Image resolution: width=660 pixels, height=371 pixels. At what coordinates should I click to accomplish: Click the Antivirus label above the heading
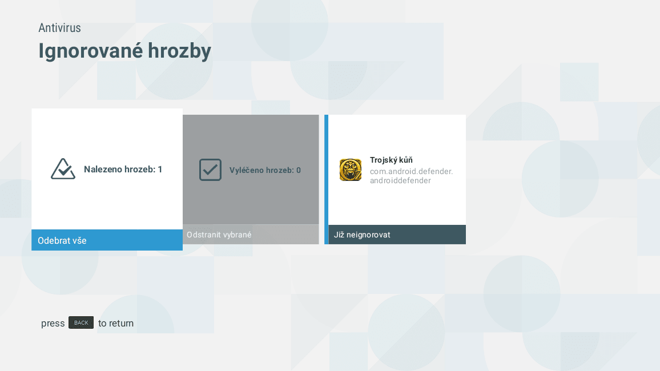click(x=59, y=28)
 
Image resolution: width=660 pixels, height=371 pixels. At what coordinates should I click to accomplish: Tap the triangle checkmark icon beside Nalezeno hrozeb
click(x=63, y=169)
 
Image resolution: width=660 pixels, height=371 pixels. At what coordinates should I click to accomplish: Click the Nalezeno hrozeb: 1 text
click(x=123, y=170)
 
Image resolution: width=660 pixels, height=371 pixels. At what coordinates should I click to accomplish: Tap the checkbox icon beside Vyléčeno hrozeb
click(x=210, y=170)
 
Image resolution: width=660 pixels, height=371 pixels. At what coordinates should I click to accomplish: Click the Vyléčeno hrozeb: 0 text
click(x=265, y=170)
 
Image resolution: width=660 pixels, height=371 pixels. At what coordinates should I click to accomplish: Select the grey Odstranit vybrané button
click(x=251, y=235)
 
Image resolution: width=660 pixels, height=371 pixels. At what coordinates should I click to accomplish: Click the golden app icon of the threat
click(x=351, y=170)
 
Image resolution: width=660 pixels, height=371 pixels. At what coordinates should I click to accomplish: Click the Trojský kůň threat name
click(x=391, y=160)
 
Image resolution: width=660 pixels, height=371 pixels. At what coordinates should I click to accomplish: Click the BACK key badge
click(x=81, y=323)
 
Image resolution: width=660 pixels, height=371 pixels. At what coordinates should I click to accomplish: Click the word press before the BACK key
click(x=53, y=324)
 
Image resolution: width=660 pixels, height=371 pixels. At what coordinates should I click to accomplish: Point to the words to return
click(x=116, y=324)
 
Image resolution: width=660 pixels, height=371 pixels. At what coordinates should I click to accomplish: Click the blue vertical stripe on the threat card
click(x=327, y=179)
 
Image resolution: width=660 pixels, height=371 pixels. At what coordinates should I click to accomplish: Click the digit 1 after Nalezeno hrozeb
click(x=160, y=170)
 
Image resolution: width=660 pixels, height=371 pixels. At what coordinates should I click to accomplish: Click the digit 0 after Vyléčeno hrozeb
click(x=299, y=170)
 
